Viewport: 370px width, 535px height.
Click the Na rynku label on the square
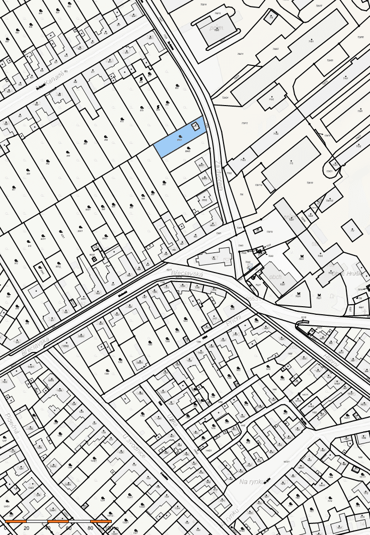click(252, 482)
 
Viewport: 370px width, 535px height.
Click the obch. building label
click(275, 277)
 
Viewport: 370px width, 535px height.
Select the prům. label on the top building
click(216, 28)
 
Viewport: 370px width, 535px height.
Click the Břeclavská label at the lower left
click(35, 346)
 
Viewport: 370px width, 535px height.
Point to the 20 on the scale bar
click(27, 528)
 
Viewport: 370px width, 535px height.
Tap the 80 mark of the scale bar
click(90, 528)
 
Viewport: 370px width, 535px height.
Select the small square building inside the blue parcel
click(196, 126)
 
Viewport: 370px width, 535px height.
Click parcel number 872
click(122, 121)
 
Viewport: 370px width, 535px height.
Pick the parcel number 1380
click(107, 374)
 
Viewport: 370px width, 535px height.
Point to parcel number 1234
click(103, 500)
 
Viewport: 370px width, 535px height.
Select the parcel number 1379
click(232, 308)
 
